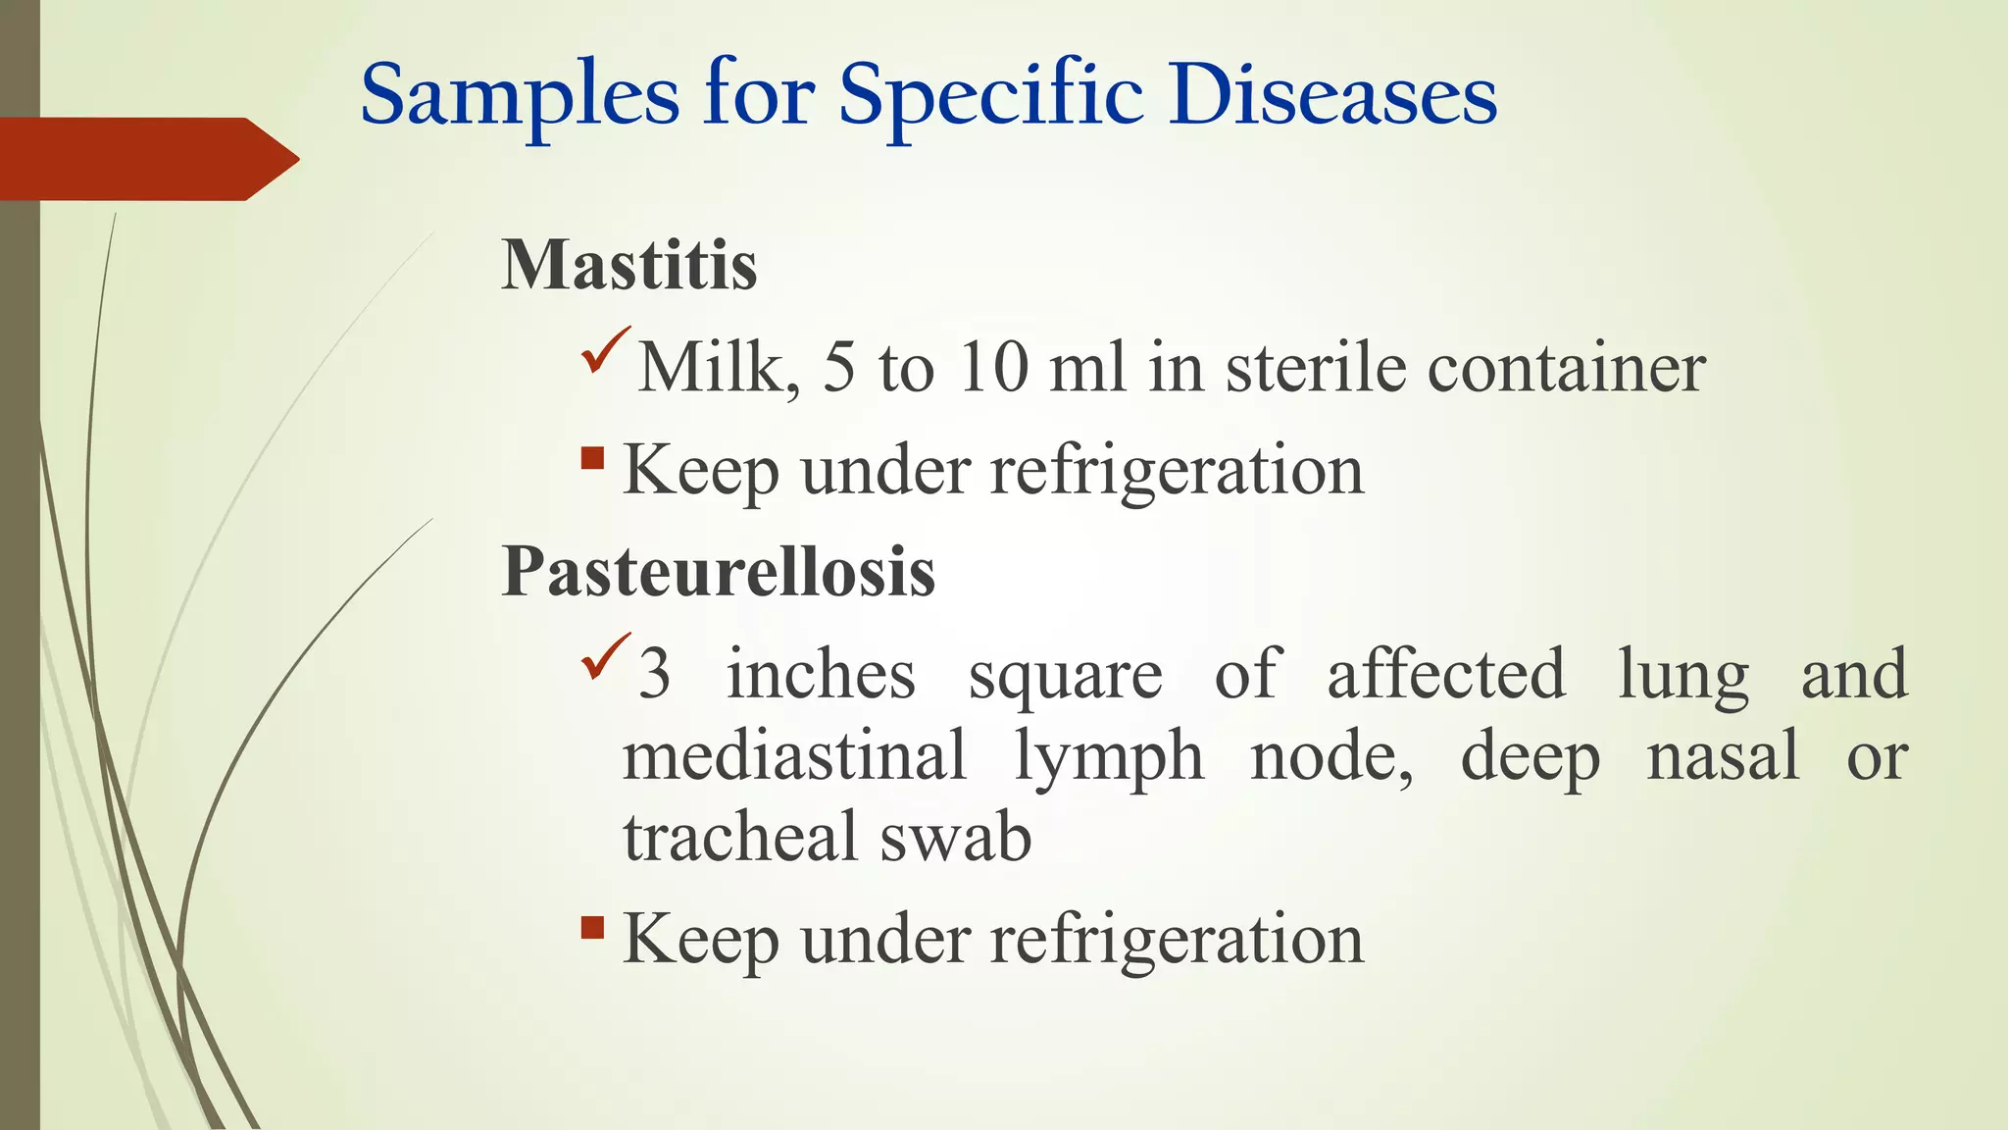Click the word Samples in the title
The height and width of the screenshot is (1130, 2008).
pyautogui.click(x=520, y=96)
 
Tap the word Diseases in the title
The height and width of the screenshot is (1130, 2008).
pyautogui.click(x=1332, y=96)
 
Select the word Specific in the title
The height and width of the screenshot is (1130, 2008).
pyautogui.click(x=990, y=96)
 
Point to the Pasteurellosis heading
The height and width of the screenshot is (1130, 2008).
pyautogui.click(x=718, y=571)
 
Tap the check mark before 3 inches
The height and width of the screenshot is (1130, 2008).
pyautogui.click(x=605, y=657)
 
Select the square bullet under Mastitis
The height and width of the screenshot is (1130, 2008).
pyautogui.click(x=592, y=458)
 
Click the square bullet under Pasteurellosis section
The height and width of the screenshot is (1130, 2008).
pyautogui.click(x=592, y=927)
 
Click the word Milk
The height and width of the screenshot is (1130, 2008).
pyautogui.click(x=718, y=369)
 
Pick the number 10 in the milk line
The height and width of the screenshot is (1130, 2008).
pyautogui.click(x=992, y=369)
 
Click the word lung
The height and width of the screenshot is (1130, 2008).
pyautogui.click(x=1682, y=675)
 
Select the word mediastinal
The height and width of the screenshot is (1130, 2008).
pyautogui.click(x=794, y=756)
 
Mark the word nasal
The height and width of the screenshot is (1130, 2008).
pyautogui.click(x=1723, y=756)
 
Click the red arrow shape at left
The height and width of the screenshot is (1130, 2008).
pyautogui.click(x=147, y=159)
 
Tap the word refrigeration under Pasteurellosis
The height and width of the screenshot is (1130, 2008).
pyautogui.click(x=1177, y=939)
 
